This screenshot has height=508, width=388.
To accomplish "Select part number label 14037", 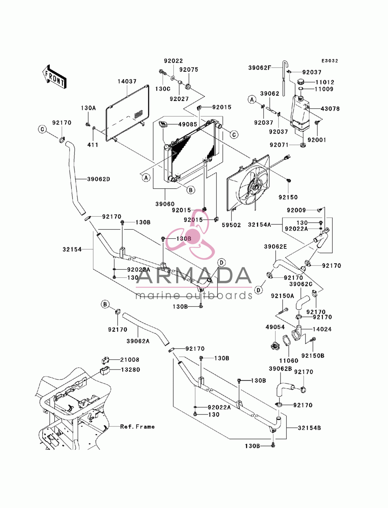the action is tap(127, 81).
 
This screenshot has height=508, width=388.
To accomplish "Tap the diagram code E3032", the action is tap(329, 61).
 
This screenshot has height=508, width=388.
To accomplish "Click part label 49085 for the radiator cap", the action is tap(188, 125).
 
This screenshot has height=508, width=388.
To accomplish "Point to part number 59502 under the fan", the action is tap(231, 225).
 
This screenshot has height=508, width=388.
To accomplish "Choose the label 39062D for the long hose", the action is tap(99, 179).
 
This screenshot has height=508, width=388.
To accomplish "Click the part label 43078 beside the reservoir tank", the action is tap(330, 109).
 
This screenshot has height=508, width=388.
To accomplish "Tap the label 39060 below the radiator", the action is tap(165, 204).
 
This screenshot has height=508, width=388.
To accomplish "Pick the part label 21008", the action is tap(130, 360).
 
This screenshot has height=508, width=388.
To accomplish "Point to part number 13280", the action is tap(130, 369).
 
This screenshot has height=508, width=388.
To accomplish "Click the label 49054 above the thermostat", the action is tap(275, 327).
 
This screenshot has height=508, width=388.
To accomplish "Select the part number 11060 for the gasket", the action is tap(289, 361).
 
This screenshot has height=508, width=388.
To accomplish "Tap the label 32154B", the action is tap(309, 428).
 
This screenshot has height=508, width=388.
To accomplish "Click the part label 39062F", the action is tap(260, 68).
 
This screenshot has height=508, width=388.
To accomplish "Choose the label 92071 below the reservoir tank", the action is tap(279, 145).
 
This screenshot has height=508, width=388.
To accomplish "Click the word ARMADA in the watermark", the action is tap(194, 276).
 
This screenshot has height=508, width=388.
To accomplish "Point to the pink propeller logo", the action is tap(191, 234).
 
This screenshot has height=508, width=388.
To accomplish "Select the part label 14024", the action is tap(322, 329).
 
